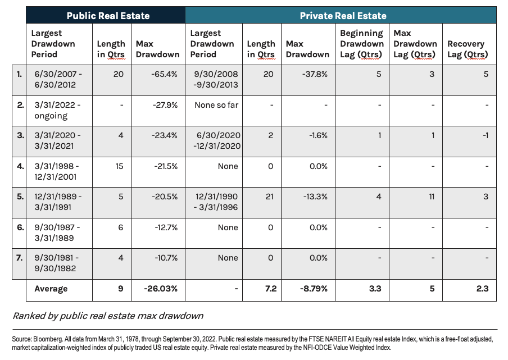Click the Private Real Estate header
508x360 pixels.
tap(343, 15)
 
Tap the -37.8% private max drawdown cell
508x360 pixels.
tap(307, 74)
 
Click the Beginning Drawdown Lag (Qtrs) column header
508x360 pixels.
tap(361, 44)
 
